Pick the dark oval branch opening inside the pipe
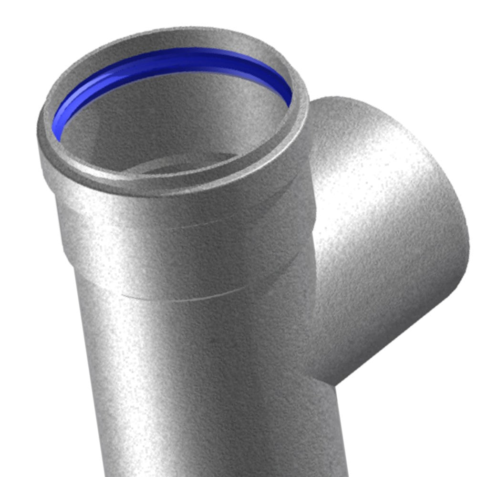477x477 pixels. pos(191,162)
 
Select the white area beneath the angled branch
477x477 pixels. pos(420,405)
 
